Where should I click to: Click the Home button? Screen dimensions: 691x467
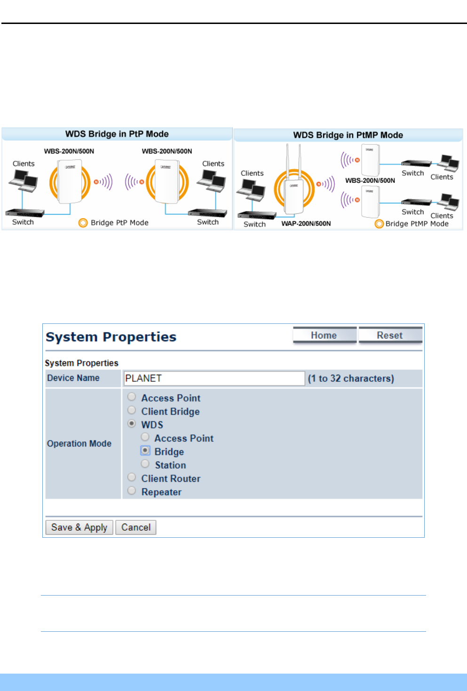coord(324,335)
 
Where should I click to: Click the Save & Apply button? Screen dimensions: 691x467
coord(79,527)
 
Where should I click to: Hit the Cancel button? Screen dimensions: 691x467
coord(136,527)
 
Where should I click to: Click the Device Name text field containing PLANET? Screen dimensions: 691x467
coord(214,378)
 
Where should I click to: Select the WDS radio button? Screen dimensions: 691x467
coord(132,424)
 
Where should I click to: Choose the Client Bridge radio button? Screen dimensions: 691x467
coord(132,410)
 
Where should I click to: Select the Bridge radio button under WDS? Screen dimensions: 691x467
coord(145,450)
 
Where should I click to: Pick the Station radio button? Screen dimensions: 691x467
coord(145,464)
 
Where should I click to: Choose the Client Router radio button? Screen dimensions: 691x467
coord(132,477)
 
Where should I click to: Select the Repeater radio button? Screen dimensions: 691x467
coord(132,491)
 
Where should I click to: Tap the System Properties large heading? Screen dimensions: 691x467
coord(111,337)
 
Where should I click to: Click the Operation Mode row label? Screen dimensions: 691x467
coord(79,443)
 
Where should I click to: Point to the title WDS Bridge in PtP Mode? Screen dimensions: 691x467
coord(117,134)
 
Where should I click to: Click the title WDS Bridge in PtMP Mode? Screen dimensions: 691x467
coord(348,135)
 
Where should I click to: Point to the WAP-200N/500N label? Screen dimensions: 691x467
coord(306,224)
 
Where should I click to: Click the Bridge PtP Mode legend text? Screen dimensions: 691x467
coord(119,223)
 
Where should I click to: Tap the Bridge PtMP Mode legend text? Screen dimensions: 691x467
coord(417,224)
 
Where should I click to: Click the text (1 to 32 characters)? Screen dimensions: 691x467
coord(351,378)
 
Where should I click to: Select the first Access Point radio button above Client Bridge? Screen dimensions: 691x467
coord(132,397)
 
